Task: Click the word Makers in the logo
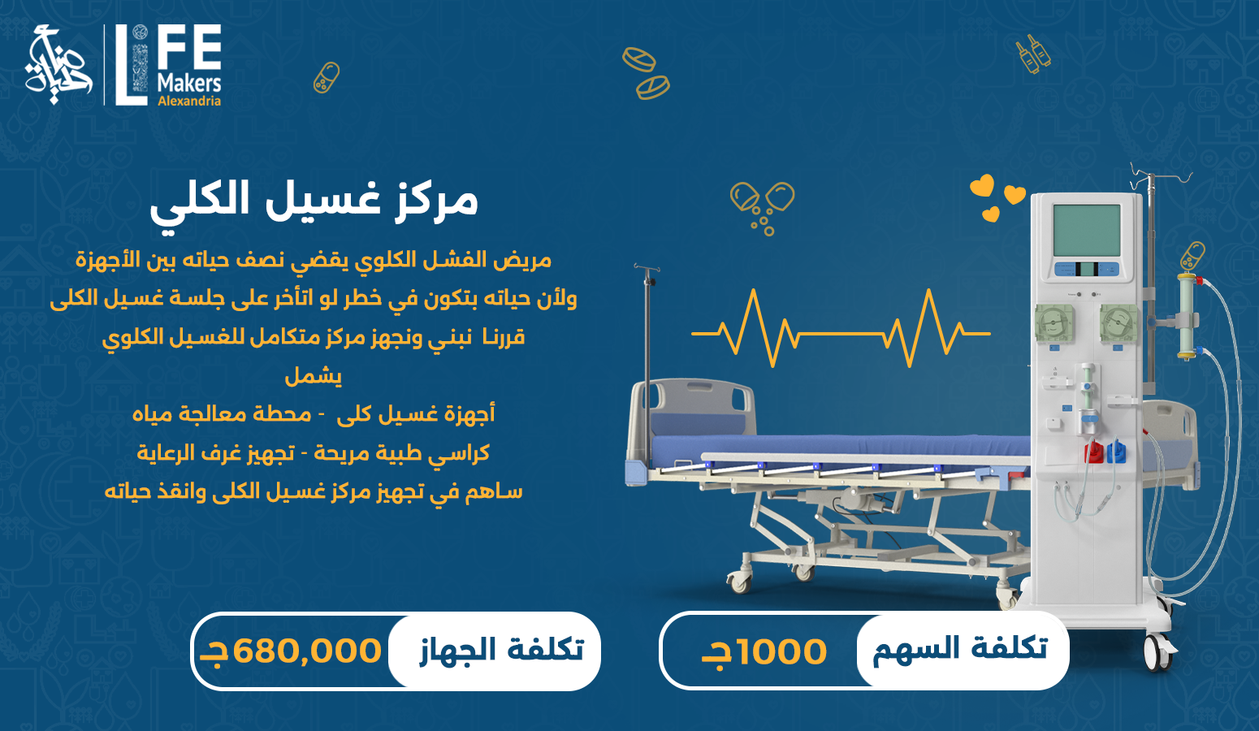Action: point(189,83)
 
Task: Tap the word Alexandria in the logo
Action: point(189,102)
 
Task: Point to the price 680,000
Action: point(307,651)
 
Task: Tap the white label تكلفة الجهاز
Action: point(501,650)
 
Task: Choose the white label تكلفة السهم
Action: point(960,650)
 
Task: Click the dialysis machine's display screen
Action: point(1086,230)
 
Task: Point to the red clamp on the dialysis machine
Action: point(1094,452)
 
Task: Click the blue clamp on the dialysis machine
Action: point(1117,451)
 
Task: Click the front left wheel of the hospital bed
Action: point(739,581)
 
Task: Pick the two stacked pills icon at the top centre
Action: point(647,73)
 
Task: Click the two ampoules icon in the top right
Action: point(1033,54)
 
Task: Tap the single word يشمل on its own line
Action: point(314,375)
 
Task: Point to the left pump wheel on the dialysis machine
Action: point(1054,323)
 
